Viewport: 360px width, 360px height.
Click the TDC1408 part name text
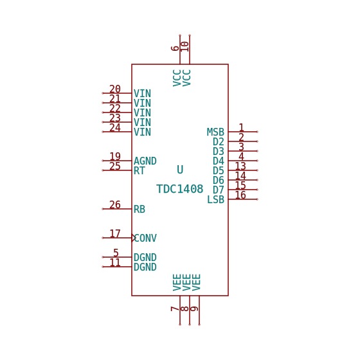(180, 189)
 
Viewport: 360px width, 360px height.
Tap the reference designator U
(180, 170)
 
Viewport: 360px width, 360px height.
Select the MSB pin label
(215, 132)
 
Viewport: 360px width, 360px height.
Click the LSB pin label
(215, 199)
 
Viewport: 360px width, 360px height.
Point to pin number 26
(115, 204)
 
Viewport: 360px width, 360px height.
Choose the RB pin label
(139, 209)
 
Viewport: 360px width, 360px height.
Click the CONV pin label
(145, 238)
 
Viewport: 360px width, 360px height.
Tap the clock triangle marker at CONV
(134, 238)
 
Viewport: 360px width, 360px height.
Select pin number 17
(115, 233)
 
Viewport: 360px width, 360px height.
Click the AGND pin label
(145, 161)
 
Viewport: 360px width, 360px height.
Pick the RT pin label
(139, 170)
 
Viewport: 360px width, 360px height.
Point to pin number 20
(115, 89)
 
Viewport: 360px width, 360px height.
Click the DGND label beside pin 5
(145, 257)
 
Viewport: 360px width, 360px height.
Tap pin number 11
(115, 262)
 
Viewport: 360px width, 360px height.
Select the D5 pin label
(219, 170)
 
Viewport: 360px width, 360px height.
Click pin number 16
(240, 195)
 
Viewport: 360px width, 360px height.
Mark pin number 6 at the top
(175, 48)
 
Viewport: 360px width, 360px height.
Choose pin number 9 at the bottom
(194, 309)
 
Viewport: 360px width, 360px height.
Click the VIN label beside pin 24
(142, 132)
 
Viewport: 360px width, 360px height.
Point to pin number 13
(240, 166)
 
